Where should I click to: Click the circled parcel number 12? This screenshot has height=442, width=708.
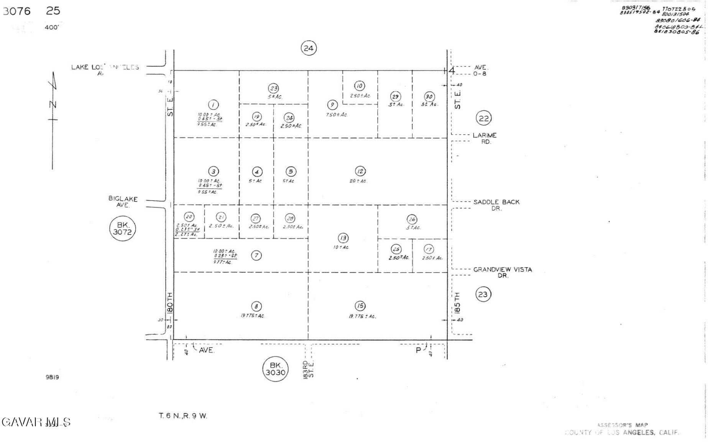coord(360,171)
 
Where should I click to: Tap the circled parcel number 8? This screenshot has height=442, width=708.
coord(256,306)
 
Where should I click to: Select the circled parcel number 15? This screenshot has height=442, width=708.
coord(360,306)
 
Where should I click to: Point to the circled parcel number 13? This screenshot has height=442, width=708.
coord(343,238)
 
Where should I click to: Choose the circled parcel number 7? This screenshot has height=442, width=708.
coord(256,255)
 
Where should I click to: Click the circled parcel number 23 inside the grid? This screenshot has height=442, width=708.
coord(273,89)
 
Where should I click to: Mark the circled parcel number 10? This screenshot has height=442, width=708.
coord(360,86)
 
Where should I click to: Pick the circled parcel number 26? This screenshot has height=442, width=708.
coord(412,219)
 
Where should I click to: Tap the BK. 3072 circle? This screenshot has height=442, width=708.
coord(122,228)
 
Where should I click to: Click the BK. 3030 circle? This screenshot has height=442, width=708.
coord(275,369)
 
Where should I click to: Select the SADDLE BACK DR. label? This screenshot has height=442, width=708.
coord(496,205)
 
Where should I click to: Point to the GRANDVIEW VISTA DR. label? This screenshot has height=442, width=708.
coord(503,273)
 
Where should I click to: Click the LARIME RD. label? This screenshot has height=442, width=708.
coord(485,138)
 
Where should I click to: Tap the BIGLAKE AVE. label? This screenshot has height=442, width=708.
coord(123,202)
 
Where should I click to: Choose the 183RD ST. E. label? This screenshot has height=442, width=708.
coord(308,369)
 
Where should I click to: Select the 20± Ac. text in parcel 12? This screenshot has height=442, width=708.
coord(358,181)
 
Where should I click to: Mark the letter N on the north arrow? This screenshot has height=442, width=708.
coord(53,105)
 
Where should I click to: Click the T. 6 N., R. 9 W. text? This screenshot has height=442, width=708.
coord(183,416)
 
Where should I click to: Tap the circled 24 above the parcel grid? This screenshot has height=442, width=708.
coord(309,48)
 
